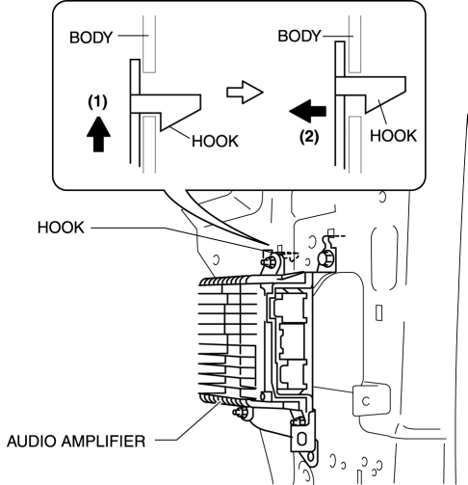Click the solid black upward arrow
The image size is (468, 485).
point(98,134)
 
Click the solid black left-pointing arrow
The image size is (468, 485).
point(308,111)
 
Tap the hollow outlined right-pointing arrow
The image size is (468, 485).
point(245,93)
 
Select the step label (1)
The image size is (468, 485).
point(97,102)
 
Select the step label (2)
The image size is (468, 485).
point(309,137)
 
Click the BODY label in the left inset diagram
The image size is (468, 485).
point(91,38)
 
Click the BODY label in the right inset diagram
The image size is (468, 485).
point(299,36)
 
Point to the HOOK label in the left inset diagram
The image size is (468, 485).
point(215,141)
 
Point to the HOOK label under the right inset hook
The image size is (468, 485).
point(393,136)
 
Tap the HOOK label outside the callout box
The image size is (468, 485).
point(61,228)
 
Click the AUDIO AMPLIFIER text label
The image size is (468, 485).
point(76,441)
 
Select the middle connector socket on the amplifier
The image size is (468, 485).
point(293,340)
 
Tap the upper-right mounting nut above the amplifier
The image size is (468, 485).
point(325,258)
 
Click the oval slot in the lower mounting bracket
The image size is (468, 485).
point(301,439)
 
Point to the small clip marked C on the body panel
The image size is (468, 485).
point(372,400)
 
